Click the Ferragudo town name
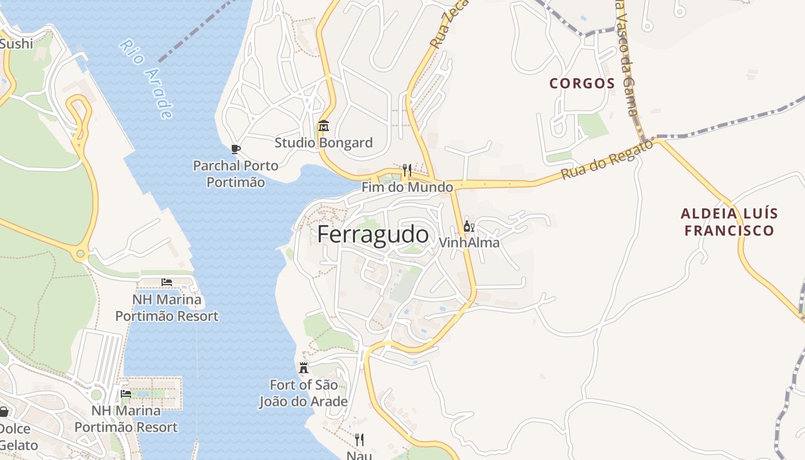click(x=373, y=235)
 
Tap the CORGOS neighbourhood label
click(x=582, y=83)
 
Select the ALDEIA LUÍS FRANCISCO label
click(x=729, y=222)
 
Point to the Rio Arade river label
click(x=147, y=79)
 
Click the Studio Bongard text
click(x=323, y=143)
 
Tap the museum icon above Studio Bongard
click(x=324, y=125)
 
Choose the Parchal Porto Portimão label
click(x=235, y=174)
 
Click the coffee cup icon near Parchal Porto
click(x=235, y=149)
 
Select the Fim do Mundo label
click(x=407, y=187)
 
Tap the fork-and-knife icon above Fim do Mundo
click(x=407, y=170)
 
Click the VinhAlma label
click(x=469, y=243)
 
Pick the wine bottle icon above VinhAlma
click(x=469, y=226)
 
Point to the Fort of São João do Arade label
click(x=304, y=393)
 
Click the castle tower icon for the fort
click(x=304, y=368)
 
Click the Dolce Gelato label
click(x=17, y=437)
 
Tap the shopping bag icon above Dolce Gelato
click(x=3, y=412)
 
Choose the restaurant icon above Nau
click(x=359, y=440)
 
